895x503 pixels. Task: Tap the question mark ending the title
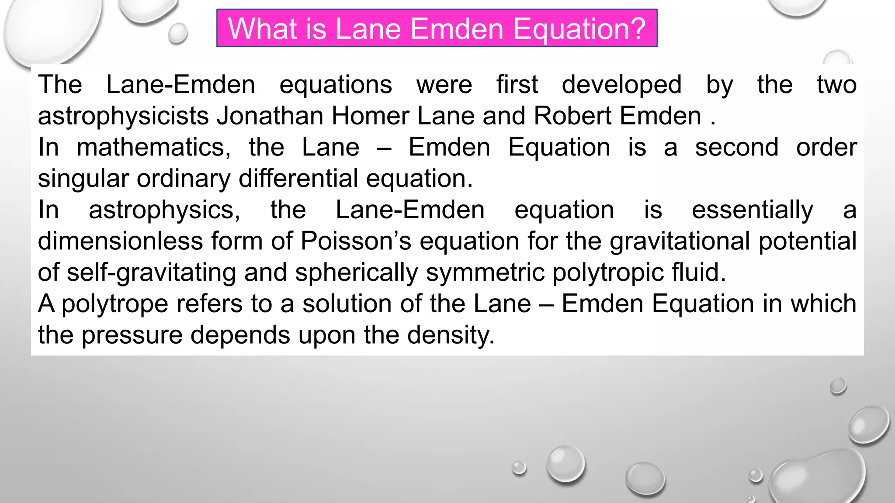click(637, 29)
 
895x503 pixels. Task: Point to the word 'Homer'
click(370, 116)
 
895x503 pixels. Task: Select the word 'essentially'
click(752, 210)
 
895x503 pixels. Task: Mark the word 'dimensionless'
click(120, 241)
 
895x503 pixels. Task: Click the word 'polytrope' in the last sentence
click(114, 304)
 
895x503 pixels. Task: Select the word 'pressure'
click(132, 336)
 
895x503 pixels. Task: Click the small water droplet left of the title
click(177, 33)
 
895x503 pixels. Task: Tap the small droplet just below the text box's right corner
click(838, 386)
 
